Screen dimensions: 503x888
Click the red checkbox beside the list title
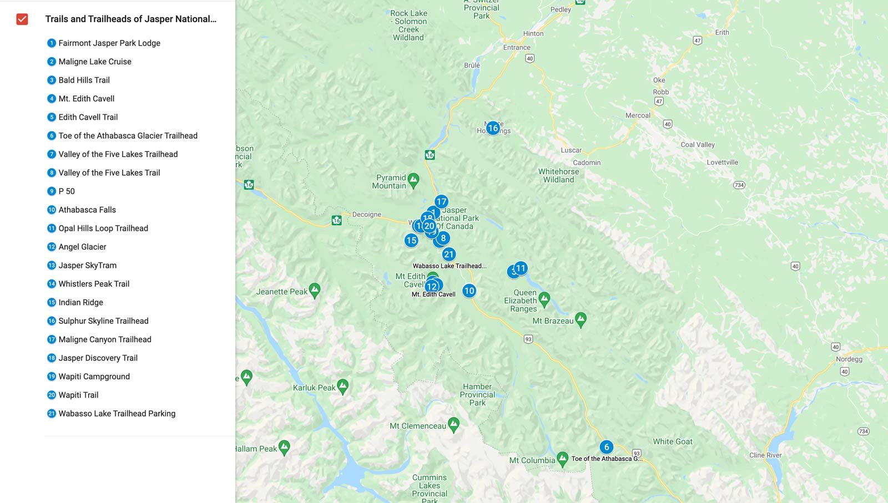[x=22, y=19]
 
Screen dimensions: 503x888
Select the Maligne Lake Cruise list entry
[x=95, y=62]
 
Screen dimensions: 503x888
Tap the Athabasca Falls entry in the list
[x=87, y=210]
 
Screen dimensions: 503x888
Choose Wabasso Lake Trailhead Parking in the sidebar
[x=117, y=413]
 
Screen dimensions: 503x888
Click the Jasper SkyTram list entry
[x=87, y=265]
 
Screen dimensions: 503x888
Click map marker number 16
[x=493, y=128]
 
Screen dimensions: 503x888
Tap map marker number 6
[x=606, y=447]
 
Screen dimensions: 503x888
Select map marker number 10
[x=469, y=291]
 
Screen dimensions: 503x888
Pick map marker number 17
[x=441, y=202]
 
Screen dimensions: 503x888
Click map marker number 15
[x=411, y=240]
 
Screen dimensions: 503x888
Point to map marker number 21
[x=449, y=255]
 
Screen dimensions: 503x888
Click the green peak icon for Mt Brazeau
[x=581, y=319]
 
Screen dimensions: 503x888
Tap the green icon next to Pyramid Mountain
[x=413, y=180]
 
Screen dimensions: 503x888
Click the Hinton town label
[x=533, y=33]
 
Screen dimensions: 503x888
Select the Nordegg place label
[x=849, y=359]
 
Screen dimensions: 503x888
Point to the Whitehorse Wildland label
[x=558, y=175]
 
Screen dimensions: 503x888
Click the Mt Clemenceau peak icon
[x=453, y=424]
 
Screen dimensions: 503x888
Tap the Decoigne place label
[x=366, y=215]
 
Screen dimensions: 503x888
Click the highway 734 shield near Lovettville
[x=739, y=185]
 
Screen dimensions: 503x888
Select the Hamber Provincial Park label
[x=477, y=394]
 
